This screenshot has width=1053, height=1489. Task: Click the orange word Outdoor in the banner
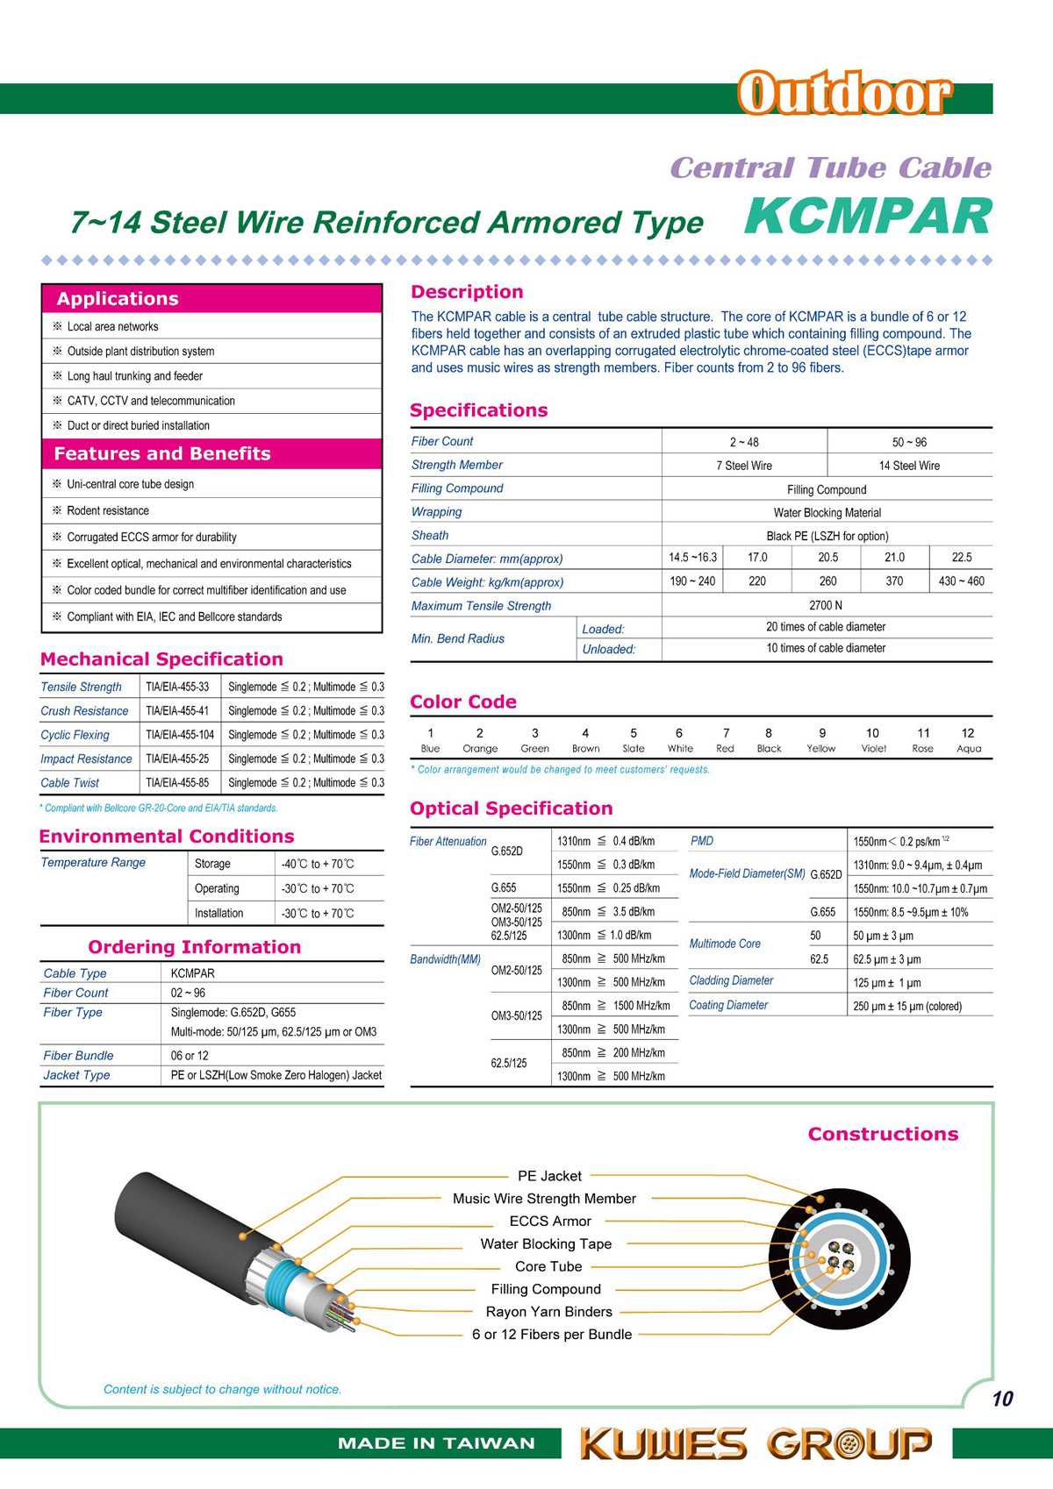tap(844, 95)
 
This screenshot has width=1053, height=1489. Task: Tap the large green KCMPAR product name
tap(868, 217)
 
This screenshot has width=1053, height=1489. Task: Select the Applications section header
tap(118, 299)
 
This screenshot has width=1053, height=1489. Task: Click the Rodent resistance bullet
tap(108, 510)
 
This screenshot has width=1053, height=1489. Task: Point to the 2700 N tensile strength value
tap(826, 605)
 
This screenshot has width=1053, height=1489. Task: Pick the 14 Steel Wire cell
tap(909, 466)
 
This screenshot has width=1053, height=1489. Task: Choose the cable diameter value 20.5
tap(827, 558)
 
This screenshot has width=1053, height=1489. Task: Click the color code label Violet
tap(873, 749)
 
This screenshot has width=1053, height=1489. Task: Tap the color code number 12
tap(967, 733)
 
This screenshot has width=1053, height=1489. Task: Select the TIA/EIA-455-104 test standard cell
tap(180, 735)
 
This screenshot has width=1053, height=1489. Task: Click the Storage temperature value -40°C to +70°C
tap(318, 864)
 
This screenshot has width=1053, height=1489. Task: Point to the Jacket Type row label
tap(77, 1075)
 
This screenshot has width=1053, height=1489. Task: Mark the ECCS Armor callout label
tap(550, 1222)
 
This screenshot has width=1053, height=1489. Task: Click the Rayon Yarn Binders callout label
tap(549, 1312)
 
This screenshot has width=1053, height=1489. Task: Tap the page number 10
tap(1002, 1399)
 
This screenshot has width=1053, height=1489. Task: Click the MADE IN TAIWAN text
tap(436, 1443)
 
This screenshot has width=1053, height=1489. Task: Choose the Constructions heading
tap(883, 1134)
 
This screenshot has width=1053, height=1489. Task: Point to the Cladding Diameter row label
tap(731, 980)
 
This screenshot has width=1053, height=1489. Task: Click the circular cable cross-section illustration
tap(839, 1264)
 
